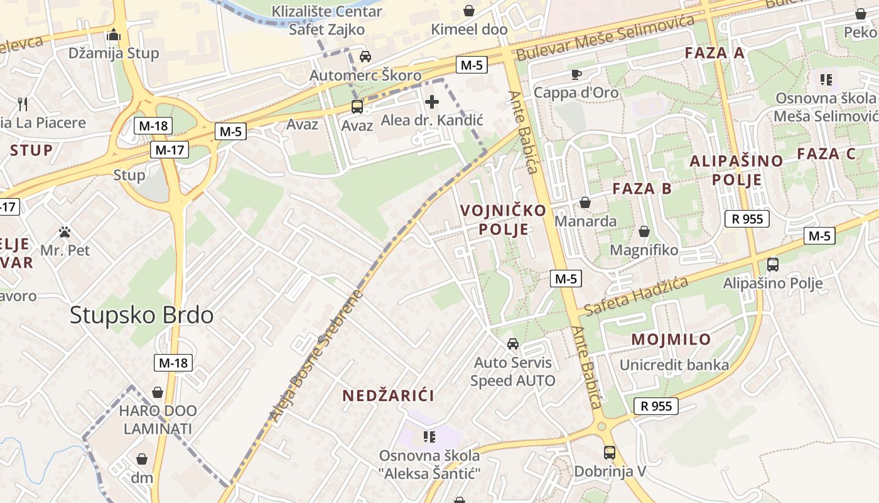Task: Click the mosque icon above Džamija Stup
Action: (114, 35)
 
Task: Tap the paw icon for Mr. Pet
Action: (65, 232)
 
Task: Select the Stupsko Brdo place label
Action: (141, 315)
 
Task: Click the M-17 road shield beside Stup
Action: (170, 150)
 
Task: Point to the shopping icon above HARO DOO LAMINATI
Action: (158, 392)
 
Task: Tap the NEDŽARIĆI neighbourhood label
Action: (388, 395)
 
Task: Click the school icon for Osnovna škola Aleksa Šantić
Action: (429, 436)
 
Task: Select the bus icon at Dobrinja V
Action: (609, 452)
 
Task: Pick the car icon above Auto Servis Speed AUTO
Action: (513, 344)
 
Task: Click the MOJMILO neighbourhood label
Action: (671, 340)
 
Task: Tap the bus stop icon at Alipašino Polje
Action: (773, 265)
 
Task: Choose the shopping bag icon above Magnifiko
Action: (644, 231)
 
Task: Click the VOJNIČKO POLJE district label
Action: (503, 219)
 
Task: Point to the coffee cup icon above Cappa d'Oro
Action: (576, 74)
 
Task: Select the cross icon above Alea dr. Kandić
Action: (432, 101)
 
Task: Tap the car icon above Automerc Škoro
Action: (365, 57)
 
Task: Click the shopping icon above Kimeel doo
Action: (469, 11)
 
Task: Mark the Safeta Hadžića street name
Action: (635, 297)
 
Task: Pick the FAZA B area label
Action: (642, 188)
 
